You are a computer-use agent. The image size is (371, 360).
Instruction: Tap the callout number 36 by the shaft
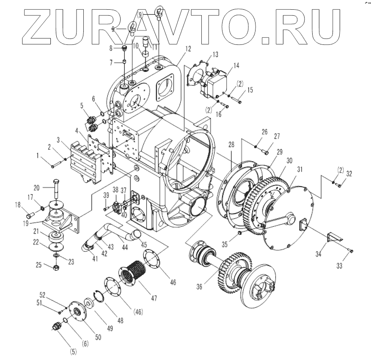tap(200, 286)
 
